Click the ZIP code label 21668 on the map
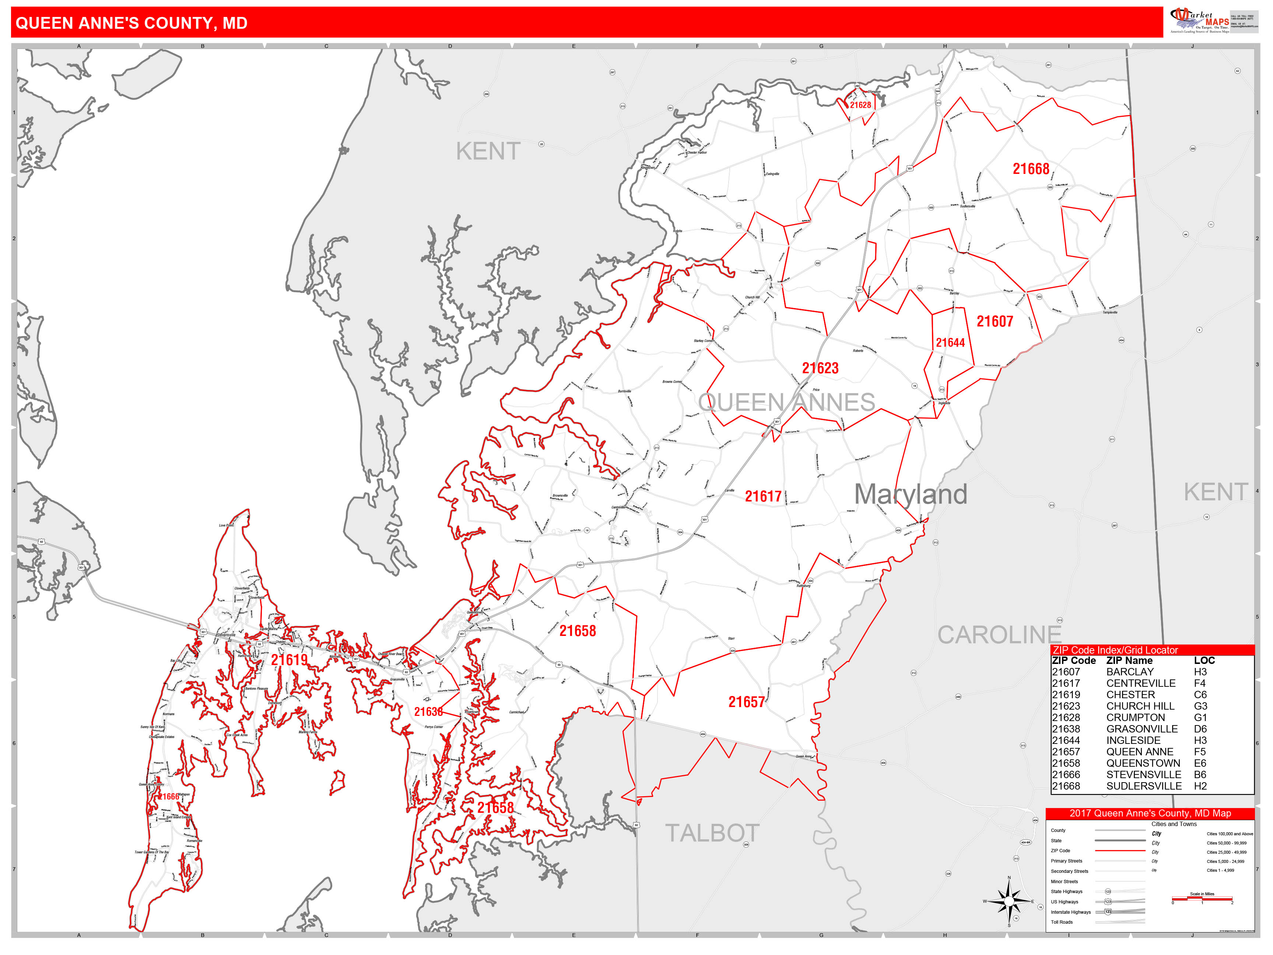pyautogui.click(x=1031, y=169)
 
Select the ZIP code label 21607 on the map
pyautogui.click(x=995, y=321)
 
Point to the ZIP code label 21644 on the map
pyautogui.click(x=950, y=343)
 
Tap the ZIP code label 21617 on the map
pyautogui.click(x=763, y=496)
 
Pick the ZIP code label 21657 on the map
pyautogui.click(x=746, y=702)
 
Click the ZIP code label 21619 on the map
pyautogui.click(x=289, y=660)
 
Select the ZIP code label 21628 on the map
pyautogui.click(x=860, y=105)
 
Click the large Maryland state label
pyautogui.click(x=911, y=494)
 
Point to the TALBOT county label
pyautogui.click(x=712, y=833)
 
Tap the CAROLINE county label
pyautogui.click(x=999, y=635)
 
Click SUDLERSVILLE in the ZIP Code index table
pyautogui.click(x=1143, y=786)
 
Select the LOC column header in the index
pyautogui.click(x=1204, y=660)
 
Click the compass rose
pyautogui.click(x=1009, y=901)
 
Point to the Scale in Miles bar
pyautogui.click(x=1202, y=898)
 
